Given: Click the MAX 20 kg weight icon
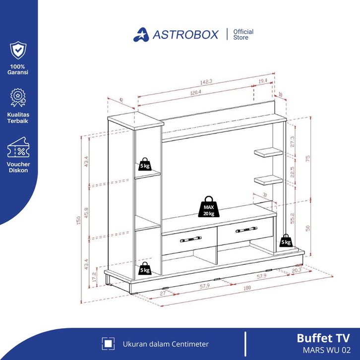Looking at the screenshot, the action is [209, 207].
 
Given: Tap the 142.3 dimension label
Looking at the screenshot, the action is [206, 82].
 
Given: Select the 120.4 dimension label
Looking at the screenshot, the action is [195, 93].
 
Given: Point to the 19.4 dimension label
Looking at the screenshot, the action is [263, 81].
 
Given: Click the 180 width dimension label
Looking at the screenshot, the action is [247, 288].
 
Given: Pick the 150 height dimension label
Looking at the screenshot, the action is [78, 220].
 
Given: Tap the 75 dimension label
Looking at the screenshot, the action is [308, 159].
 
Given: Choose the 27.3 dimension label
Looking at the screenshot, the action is [292, 142].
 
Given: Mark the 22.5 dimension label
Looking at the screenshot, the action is [292, 172].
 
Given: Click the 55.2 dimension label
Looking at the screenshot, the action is [292, 218].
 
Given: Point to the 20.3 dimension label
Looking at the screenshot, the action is [297, 270].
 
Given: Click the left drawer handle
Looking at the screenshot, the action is [190, 239].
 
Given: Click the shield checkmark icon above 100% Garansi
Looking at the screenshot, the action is [18, 50].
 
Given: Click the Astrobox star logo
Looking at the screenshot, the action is [141, 35].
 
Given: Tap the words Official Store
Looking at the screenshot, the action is [243, 34].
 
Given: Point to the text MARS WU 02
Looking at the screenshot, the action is [327, 350].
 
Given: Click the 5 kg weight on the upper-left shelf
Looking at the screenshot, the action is [145, 164].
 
